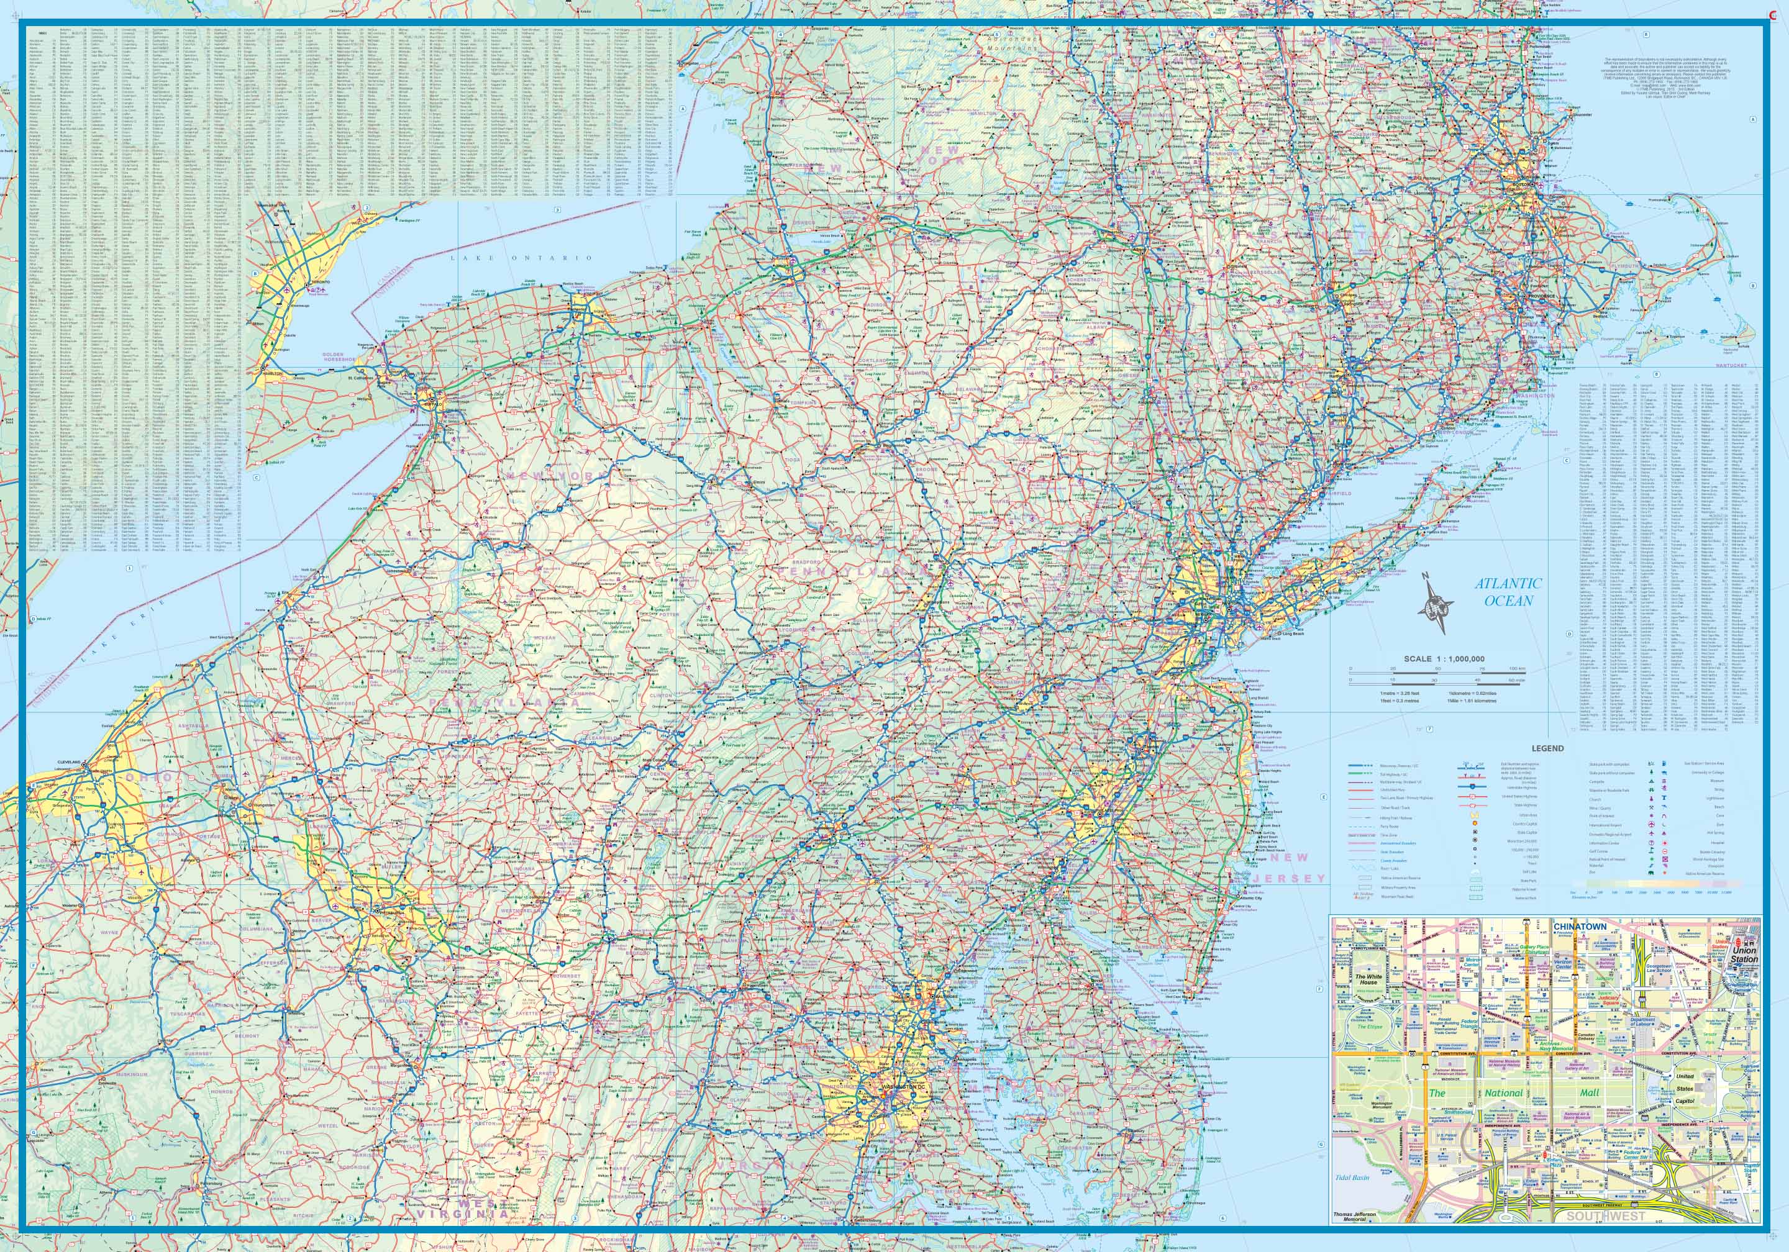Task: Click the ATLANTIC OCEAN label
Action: [1507, 592]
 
